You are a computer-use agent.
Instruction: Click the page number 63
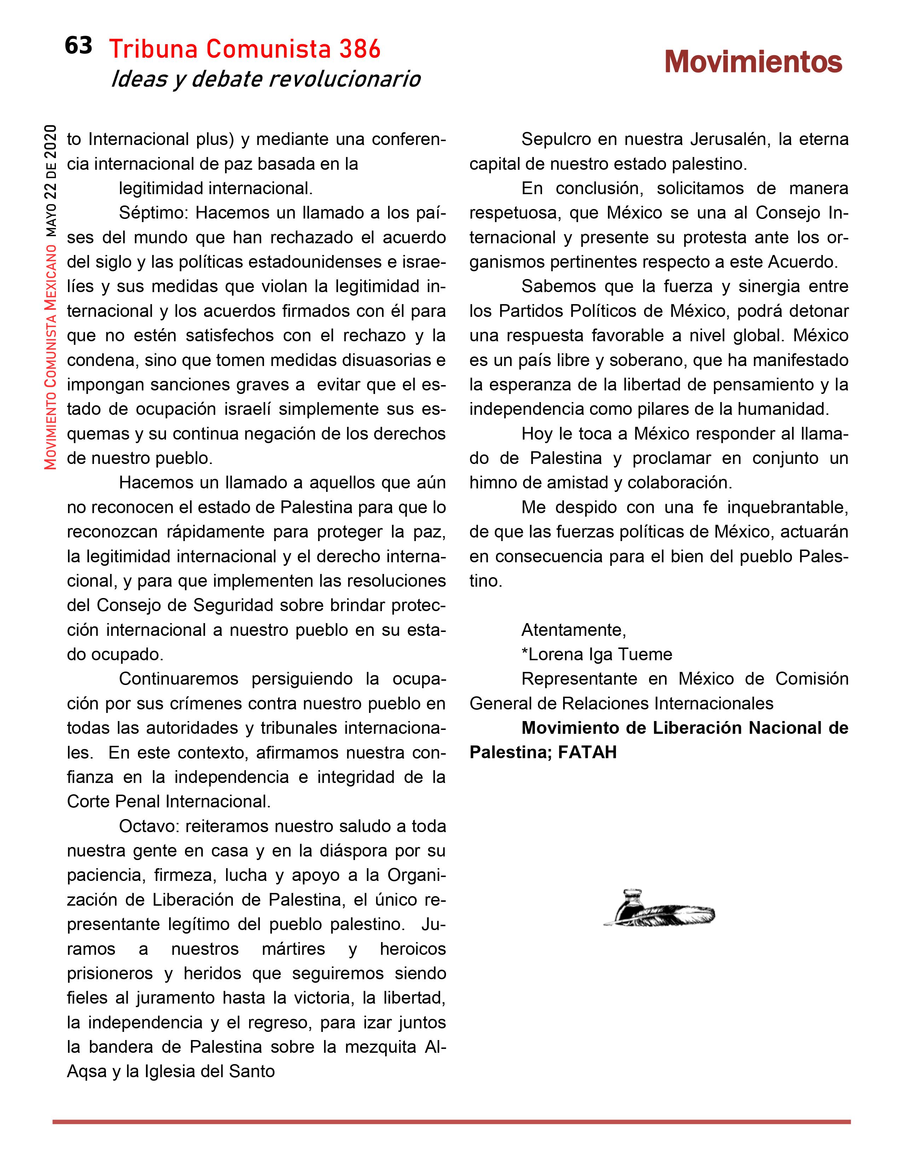click(78, 46)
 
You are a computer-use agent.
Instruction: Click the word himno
click(492, 482)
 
